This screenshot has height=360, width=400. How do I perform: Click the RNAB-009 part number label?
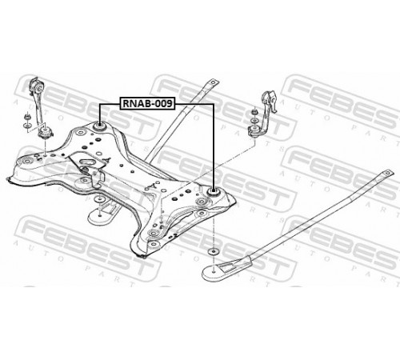point(148,103)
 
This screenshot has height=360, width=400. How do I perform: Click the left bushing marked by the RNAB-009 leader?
point(99,126)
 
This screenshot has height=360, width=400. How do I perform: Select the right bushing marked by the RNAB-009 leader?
point(213,192)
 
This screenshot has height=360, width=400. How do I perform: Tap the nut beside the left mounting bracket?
point(26,117)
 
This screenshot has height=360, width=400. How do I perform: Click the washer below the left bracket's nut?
point(26,125)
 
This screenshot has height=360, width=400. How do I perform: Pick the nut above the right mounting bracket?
point(254,110)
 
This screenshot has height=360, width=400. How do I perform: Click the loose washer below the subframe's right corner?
point(213,251)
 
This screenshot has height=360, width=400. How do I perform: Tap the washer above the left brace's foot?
point(99,199)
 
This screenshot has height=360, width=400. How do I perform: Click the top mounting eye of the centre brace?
point(214,82)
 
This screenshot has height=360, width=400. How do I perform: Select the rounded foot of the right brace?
point(214,272)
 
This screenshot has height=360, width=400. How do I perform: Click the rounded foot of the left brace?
point(98,216)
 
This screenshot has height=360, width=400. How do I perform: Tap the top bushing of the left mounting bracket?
point(37,85)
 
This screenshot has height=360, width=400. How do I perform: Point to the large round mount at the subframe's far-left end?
point(26,162)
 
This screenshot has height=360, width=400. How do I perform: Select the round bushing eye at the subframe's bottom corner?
point(153,243)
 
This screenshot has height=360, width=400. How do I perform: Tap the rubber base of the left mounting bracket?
point(45,133)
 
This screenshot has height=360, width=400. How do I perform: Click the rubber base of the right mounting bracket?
point(254,130)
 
